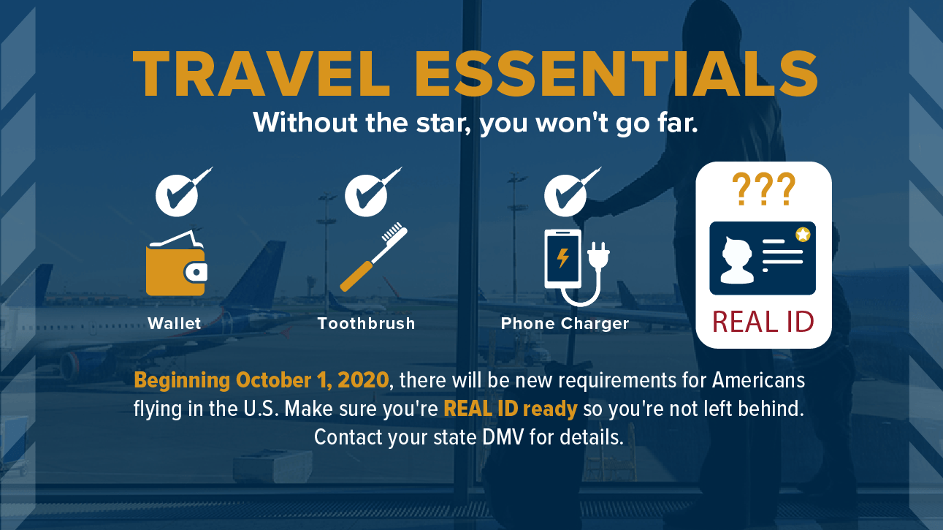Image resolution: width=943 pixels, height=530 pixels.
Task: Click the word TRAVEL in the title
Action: pos(261,74)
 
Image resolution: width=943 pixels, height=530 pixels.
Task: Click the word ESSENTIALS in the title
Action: pos(616,74)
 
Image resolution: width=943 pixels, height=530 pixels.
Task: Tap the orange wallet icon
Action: pos(177,264)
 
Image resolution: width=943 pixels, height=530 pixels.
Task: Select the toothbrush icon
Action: pos(373,257)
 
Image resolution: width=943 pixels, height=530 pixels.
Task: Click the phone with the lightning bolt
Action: pos(563,259)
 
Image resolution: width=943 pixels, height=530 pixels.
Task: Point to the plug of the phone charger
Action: pos(598,255)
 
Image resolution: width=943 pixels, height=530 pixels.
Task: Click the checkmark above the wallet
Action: pos(183,192)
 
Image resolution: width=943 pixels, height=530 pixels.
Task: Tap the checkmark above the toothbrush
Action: pos(373,192)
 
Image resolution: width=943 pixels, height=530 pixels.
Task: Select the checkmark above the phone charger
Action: pos(573,192)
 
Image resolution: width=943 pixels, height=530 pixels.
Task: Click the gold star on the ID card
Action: pos(803,234)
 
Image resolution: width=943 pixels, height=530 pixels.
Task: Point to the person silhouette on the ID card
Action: pos(737,260)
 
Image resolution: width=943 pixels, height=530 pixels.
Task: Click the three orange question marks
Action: pos(763,189)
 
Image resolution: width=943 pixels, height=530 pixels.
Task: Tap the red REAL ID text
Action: pos(763,322)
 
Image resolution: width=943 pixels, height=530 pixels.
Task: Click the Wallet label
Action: pos(175,324)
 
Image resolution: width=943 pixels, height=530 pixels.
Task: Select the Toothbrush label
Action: pos(366,324)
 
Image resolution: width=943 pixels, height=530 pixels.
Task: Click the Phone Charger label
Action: pos(565,324)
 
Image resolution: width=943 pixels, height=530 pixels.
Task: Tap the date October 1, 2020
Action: pos(312,380)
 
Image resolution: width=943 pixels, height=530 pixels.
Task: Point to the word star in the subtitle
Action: pos(443,123)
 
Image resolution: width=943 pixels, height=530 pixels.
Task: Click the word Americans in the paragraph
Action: pos(759,380)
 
